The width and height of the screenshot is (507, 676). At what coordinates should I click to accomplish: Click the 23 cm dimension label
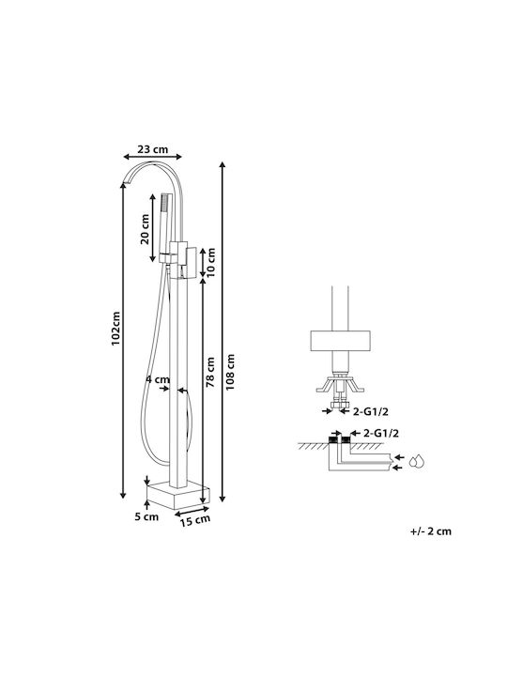pos(153,149)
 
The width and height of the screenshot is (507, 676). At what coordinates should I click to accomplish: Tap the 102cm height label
pos(115,329)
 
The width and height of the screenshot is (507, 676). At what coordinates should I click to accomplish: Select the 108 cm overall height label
pos(230,372)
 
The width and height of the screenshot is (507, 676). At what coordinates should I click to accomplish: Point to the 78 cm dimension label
pos(210,372)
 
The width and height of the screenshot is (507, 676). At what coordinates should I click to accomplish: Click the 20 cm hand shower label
pos(145,229)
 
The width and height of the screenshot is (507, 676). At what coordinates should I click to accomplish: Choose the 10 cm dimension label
pos(211,263)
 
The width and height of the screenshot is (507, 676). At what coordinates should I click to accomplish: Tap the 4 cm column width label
pos(158,380)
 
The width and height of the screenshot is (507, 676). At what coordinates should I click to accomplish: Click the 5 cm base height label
pos(146,516)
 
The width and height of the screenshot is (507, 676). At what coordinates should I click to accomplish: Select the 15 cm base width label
pos(195,520)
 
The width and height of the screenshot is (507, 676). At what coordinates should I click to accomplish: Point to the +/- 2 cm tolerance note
pos(431,531)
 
